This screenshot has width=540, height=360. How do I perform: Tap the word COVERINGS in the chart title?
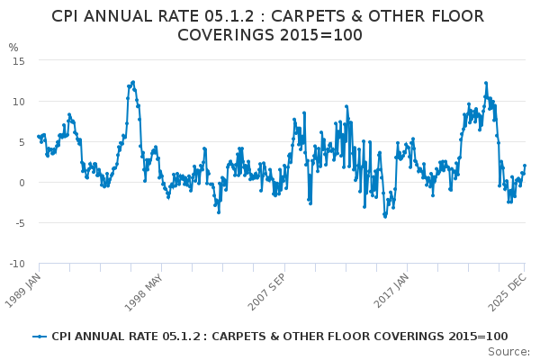tap(230, 35)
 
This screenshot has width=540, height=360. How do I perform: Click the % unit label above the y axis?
tap(13, 48)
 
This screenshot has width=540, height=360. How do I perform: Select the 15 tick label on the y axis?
tap(18, 60)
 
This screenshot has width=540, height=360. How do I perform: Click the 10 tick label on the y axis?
tap(18, 101)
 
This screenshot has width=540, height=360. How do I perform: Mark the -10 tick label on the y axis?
tap(16, 264)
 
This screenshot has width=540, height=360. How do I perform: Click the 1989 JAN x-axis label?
tap(25, 286)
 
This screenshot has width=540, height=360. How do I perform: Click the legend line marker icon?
tap(40, 337)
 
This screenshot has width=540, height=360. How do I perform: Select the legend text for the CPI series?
tap(279, 337)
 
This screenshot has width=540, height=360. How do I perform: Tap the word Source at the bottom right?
tap(508, 352)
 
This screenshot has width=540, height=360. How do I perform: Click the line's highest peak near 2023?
tap(486, 83)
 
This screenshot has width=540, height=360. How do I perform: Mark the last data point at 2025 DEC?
tap(524, 166)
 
